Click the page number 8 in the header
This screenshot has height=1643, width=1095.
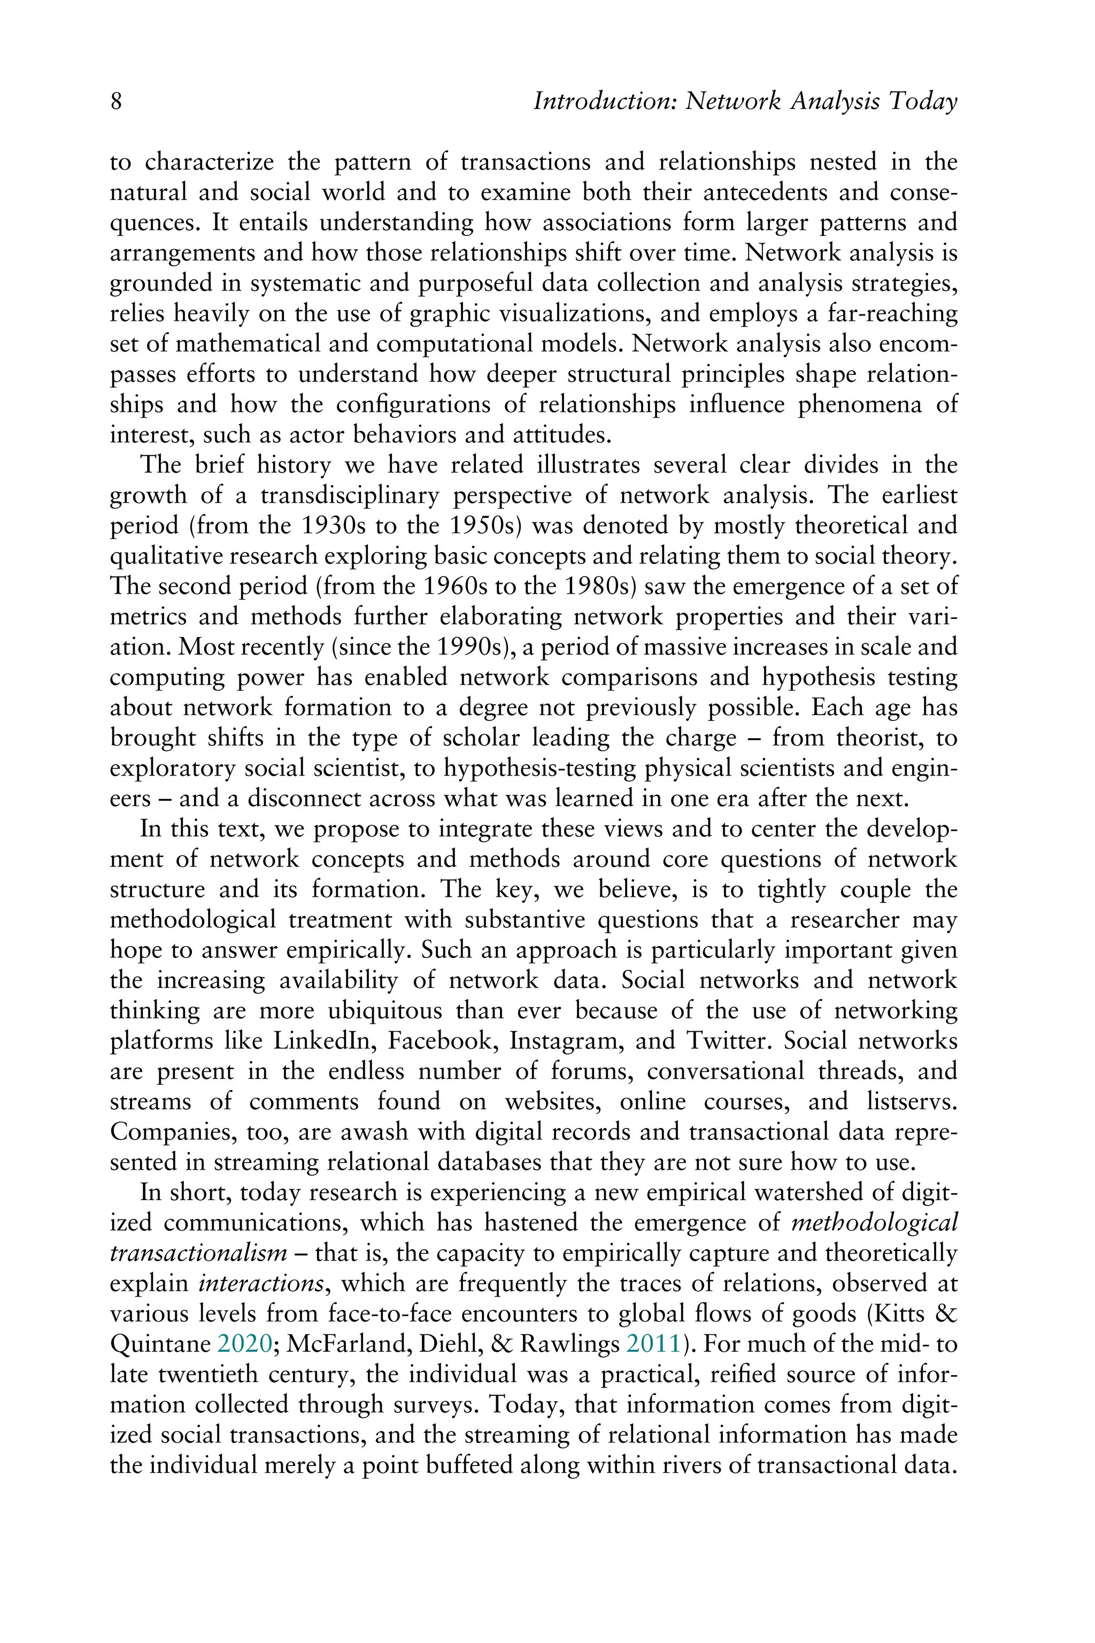pyautogui.click(x=116, y=102)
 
